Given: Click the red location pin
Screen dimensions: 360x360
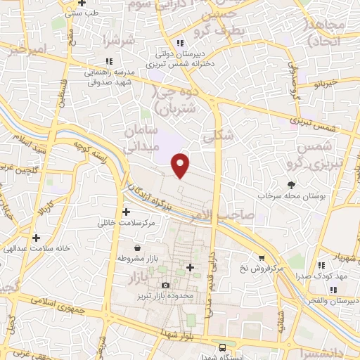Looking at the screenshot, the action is click(x=181, y=165).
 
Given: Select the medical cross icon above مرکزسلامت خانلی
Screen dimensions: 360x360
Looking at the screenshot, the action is click(x=126, y=212).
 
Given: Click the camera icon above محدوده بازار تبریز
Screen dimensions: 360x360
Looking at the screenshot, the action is click(x=165, y=285).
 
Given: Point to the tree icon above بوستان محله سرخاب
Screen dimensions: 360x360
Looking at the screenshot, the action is click(x=272, y=185).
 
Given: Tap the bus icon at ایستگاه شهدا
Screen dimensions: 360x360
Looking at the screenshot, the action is click(x=222, y=347).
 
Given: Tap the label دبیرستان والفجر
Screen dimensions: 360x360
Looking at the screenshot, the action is click(x=334, y=301).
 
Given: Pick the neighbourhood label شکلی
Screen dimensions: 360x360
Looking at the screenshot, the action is click(x=217, y=139).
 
